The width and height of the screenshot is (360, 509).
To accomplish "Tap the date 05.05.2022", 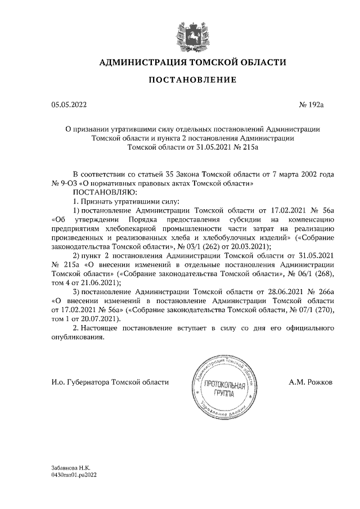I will [69, 104].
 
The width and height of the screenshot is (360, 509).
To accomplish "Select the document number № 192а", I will [317, 104].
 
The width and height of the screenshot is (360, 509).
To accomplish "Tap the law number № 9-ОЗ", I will [65, 183].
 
